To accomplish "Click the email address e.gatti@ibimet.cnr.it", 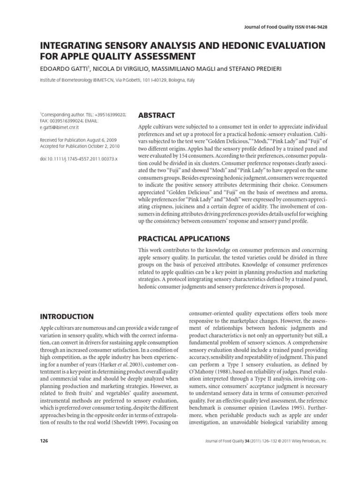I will click(x=60, y=127).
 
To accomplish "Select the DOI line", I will click(x=78, y=159).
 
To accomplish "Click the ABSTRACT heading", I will click(x=157, y=115).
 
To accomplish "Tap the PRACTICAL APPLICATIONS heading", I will click(x=184, y=238).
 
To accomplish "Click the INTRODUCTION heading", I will click(x=67, y=316).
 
